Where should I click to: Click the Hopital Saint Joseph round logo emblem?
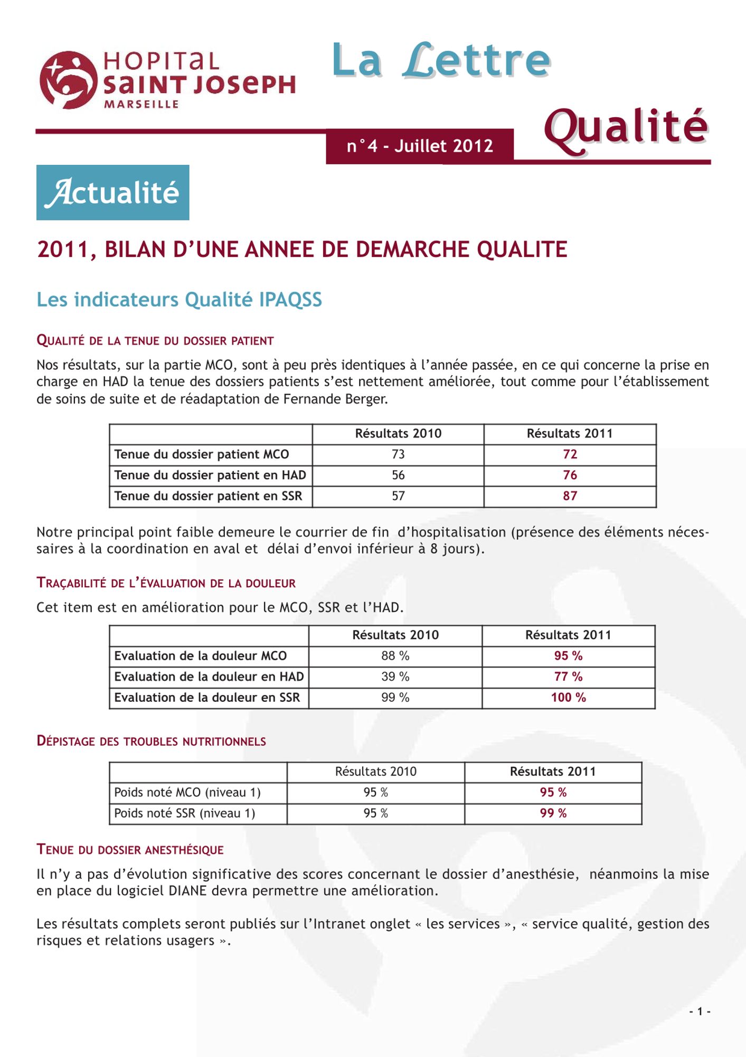[x=68, y=80]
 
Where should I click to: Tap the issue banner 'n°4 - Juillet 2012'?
[x=420, y=146]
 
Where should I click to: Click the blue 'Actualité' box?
[x=112, y=192]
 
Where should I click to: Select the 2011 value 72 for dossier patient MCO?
[x=570, y=455]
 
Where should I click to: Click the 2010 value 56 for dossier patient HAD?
[x=398, y=475]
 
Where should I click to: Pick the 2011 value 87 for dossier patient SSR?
[x=570, y=496]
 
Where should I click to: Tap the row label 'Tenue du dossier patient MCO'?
[x=202, y=455]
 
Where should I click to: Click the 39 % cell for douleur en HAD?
[x=395, y=676]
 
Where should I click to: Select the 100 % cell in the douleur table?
[x=568, y=698]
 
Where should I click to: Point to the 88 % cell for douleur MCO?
[x=395, y=656]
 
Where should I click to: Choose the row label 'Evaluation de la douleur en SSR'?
[x=207, y=698]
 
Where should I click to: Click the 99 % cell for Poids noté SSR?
[x=553, y=813]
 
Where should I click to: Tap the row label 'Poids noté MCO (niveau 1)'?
[x=187, y=792]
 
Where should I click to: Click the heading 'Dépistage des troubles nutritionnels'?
[x=151, y=741]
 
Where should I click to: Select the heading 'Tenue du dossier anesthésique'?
[x=130, y=850]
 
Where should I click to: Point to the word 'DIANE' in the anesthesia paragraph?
[x=187, y=891]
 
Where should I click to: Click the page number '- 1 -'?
[x=700, y=1012]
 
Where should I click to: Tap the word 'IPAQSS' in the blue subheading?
[x=290, y=300]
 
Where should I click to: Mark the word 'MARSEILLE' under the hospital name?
[x=141, y=105]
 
